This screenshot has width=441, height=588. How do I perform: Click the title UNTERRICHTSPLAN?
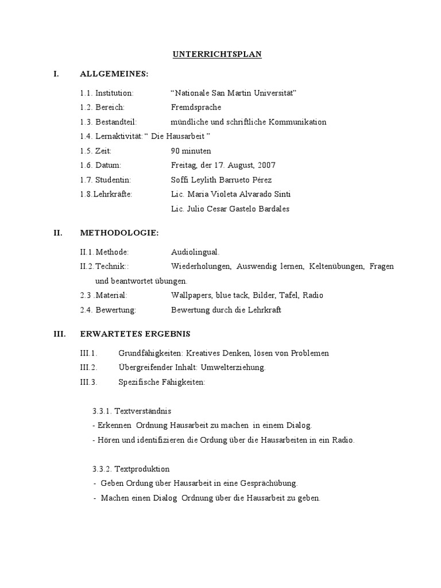217,55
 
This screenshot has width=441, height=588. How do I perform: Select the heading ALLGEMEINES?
114,74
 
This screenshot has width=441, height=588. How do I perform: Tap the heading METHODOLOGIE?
119,233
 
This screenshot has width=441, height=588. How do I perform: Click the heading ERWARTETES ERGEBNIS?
136,334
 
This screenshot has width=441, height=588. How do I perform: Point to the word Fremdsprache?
196,107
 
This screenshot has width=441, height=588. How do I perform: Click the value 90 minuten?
191,151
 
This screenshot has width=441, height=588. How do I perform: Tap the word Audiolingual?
195,252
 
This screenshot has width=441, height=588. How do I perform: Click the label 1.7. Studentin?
106,180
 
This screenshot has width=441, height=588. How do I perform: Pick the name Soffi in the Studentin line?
180,180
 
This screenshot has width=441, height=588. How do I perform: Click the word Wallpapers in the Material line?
191,295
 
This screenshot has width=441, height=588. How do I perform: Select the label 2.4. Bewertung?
108,310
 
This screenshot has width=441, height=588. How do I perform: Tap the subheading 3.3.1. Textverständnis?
131,411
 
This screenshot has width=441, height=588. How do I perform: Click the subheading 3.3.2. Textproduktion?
131,469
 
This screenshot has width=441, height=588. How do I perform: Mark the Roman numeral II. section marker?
57,233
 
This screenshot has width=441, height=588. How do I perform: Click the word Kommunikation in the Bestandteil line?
296,122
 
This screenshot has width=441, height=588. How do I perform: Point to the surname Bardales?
273,208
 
